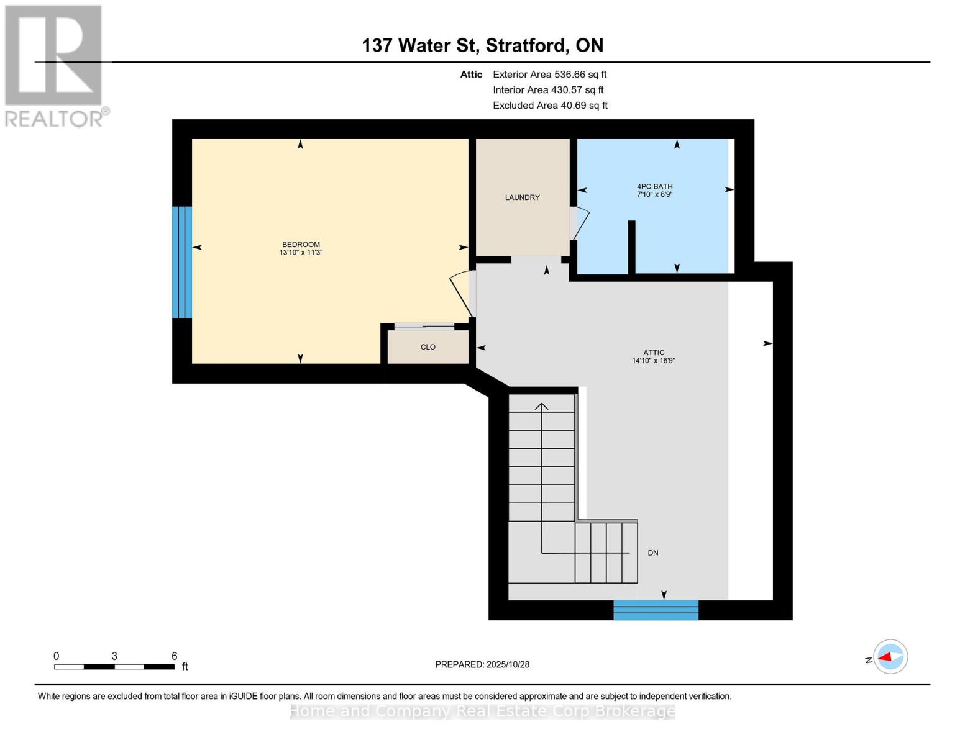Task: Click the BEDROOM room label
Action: [x=301, y=244]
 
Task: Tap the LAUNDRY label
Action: [x=522, y=197]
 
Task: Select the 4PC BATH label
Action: [x=654, y=186]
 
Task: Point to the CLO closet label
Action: [x=428, y=347]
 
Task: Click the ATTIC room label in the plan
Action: [x=654, y=353]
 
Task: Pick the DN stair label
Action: [x=653, y=553]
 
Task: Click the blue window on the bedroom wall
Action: [x=182, y=262]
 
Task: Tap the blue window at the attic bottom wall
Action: [x=656, y=610]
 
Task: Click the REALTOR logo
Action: [x=55, y=66]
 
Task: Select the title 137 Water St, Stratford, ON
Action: [x=482, y=45]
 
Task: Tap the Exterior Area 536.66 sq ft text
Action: [x=549, y=74]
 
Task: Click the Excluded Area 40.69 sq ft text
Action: [x=550, y=106]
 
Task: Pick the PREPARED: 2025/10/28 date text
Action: [x=482, y=664]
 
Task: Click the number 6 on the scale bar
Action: [x=175, y=656]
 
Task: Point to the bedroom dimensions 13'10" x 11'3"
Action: [x=301, y=253]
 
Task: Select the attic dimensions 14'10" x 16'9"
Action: [x=654, y=361]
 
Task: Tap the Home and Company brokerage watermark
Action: [x=482, y=711]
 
